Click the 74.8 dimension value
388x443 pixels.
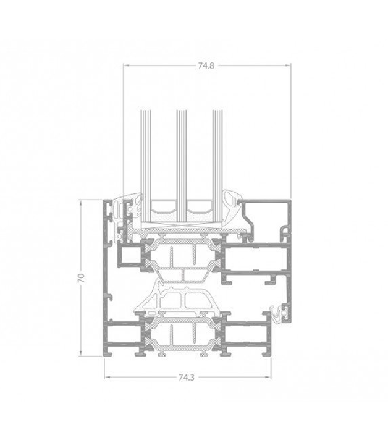point(206,66)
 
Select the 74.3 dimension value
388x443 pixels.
point(187,378)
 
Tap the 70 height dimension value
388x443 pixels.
point(81,278)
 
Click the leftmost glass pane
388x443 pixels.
point(146,166)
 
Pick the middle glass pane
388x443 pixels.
point(182,166)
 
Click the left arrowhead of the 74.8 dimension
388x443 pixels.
point(126,65)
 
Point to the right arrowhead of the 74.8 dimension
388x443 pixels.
point(288,65)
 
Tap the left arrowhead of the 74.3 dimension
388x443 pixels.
point(108,377)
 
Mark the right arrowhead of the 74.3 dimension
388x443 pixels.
point(268,377)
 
